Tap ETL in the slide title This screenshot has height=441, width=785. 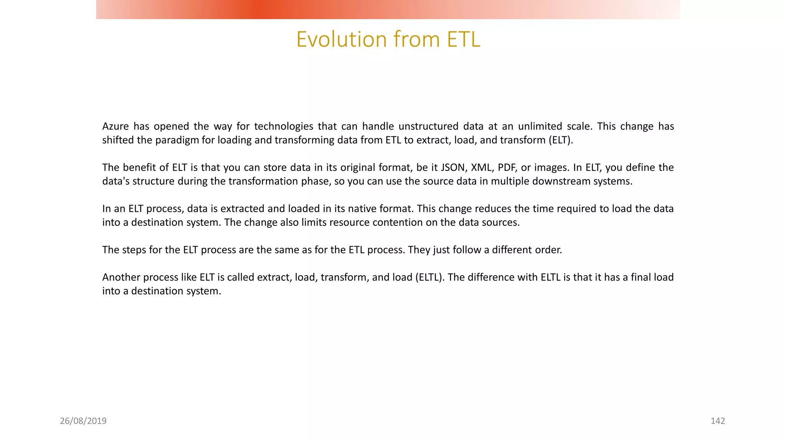[x=463, y=39]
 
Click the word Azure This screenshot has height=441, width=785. [x=115, y=126]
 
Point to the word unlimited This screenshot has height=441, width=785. [x=540, y=126]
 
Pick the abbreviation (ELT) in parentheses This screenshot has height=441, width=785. [x=561, y=140]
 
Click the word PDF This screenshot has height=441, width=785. [x=506, y=168]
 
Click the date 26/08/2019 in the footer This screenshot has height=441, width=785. [x=83, y=421]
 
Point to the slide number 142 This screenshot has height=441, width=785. [x=718, y=421]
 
